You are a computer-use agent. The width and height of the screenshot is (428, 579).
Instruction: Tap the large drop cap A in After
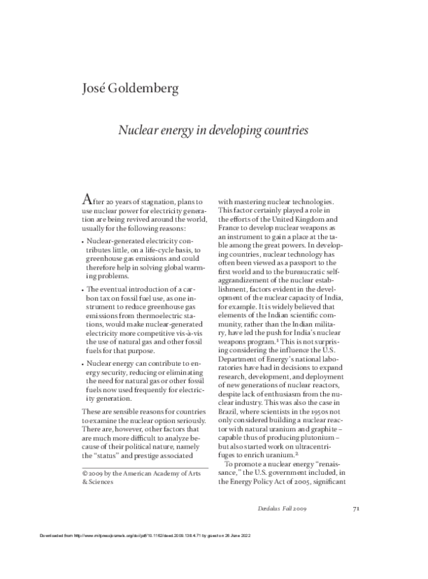click(x=87, y=200)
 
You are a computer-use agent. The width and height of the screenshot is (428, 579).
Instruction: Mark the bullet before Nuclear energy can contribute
click(x=83, y=364)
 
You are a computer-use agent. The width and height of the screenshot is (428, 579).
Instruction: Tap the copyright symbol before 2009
click(x=84, y=473)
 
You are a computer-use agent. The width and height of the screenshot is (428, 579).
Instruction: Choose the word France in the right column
click(x=230, y=230)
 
